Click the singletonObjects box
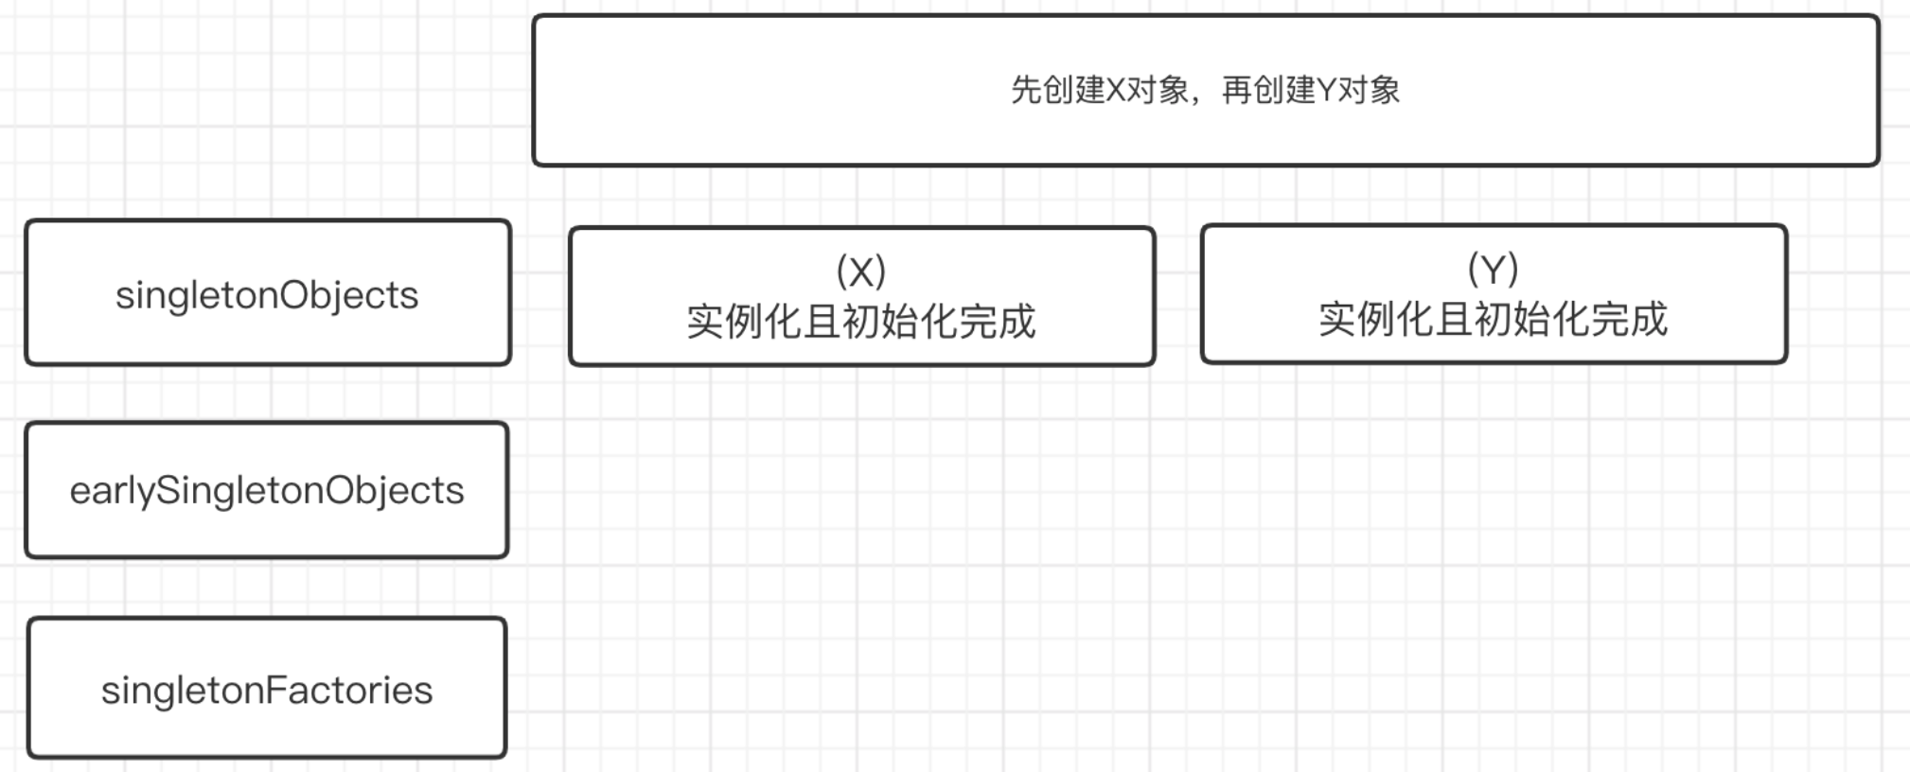[267, 293]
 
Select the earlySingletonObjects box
[267, 490]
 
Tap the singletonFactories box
[267, 689]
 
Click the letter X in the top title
[1116, 91]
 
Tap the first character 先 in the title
[1025, 91]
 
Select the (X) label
[860, 272]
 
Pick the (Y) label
[1493, 270]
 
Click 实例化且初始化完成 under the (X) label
[860, 322]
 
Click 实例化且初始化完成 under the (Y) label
[1493, 320]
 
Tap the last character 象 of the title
[1386, 91]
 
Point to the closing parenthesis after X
[880, 272]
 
